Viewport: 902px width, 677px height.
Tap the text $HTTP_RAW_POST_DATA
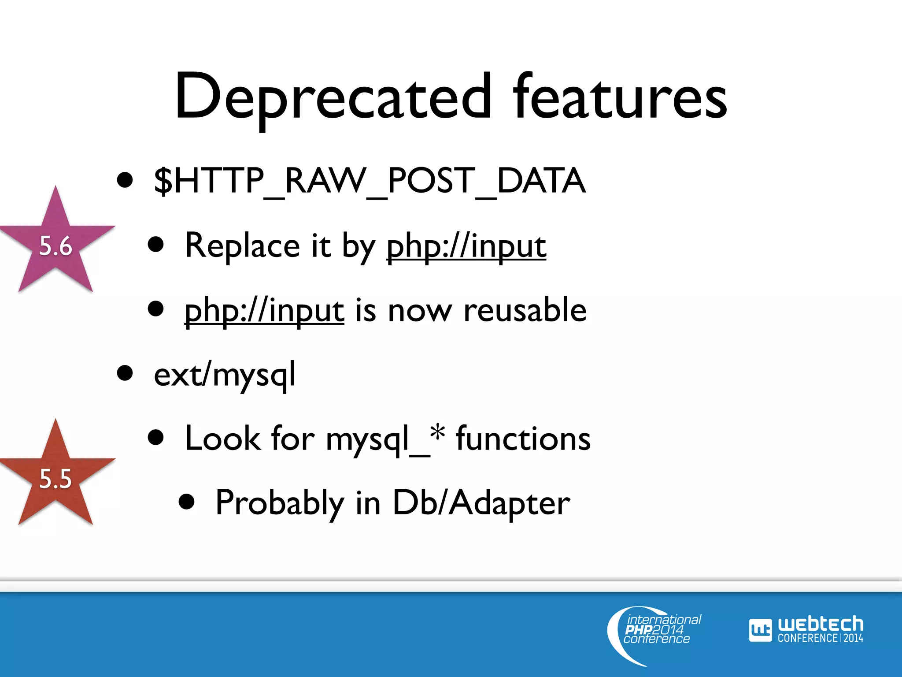click(x=369, y=181)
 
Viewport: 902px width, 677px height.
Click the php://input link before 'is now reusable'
click(x=264, y=311)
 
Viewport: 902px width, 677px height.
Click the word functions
click(x=523, y=439)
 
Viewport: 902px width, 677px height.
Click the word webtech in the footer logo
click(x=820, y=624)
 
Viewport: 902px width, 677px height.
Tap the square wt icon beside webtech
click(x=760, y=630)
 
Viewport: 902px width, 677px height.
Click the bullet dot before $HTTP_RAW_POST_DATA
click(x=125, y=180)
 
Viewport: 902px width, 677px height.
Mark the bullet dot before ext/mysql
click(x=125, y=373)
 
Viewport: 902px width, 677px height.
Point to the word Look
click(x=222, y=439)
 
